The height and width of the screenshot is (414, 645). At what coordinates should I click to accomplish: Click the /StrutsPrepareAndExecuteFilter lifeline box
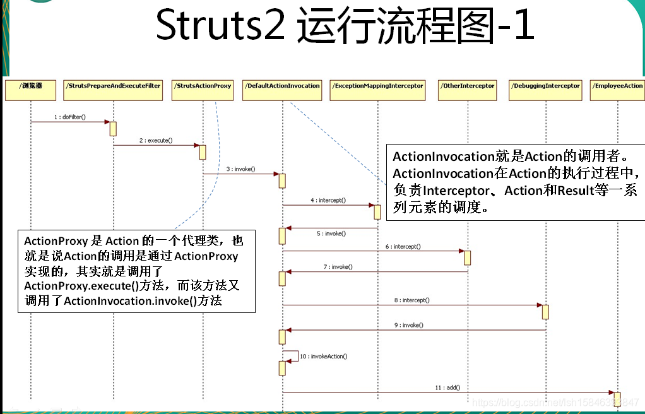coord(114,90)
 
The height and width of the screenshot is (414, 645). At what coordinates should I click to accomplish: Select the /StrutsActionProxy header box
coord(203,90)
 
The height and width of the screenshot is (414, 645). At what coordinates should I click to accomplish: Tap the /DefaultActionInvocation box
coord(283,90)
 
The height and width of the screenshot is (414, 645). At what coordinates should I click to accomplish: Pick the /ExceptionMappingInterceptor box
coord(378,90)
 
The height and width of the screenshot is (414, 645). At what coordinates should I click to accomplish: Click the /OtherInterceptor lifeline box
coord(468,90)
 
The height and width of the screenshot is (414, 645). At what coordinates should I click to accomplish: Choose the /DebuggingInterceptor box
coord(545,90)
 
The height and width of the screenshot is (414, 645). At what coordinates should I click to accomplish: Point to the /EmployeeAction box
coord(618,90)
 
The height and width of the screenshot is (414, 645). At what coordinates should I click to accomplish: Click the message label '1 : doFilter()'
coord(69,117)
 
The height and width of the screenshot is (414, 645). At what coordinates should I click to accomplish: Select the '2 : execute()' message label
coord(156,141)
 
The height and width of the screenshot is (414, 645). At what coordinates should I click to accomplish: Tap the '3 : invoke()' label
coord(240,169)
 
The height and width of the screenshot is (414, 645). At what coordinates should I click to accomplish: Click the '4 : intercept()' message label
coord(328,200)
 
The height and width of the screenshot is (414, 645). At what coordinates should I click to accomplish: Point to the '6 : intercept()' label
coord(403,246)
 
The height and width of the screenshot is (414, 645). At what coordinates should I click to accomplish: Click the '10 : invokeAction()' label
coord(323,357)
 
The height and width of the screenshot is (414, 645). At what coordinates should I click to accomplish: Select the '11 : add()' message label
coord(447,387)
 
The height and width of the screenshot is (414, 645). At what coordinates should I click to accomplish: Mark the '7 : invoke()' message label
coord(338,267)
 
